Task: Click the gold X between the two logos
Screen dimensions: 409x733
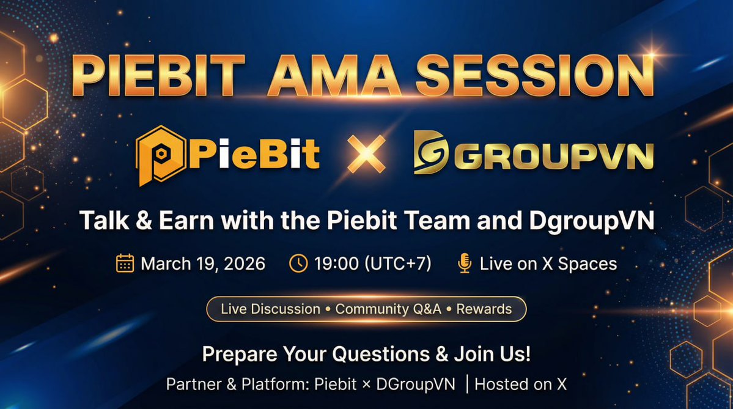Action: tap(366, 153)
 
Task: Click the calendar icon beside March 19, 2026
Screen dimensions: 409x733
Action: tap(125, 263)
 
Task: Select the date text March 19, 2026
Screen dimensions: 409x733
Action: tap(203, 263)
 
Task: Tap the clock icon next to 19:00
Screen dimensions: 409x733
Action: tap(298, 263)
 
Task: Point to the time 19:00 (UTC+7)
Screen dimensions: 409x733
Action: tap(373, 263)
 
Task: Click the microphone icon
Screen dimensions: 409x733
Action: tap(465, 263)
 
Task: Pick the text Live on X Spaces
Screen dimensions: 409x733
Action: tap(548, 263)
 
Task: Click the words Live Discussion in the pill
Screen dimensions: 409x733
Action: tap(270, 309)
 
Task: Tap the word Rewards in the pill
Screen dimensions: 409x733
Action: tap(484, 309)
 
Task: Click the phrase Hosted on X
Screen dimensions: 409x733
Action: tap(521, 385)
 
